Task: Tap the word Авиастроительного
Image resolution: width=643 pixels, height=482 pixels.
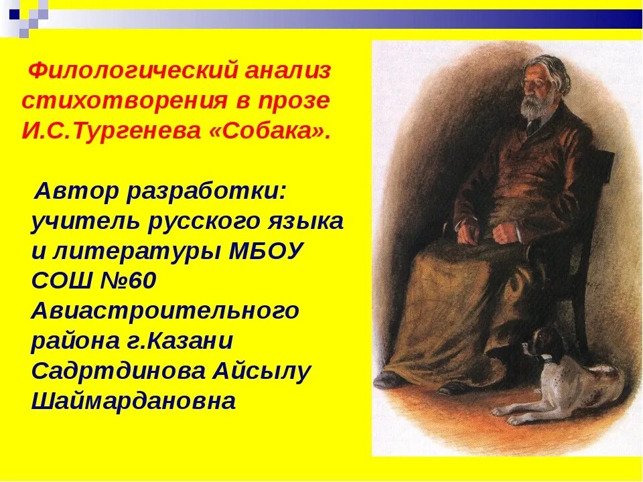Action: coord(164,312)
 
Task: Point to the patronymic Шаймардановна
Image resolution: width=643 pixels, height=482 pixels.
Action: coord(133,401)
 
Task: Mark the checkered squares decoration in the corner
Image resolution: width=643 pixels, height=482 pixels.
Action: coord(24,15)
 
